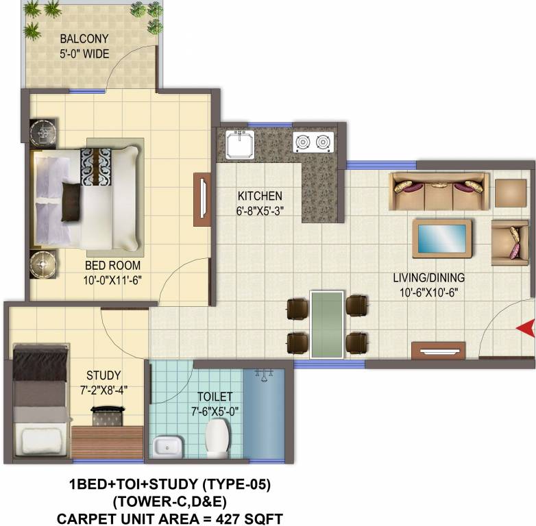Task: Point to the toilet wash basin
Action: point(166,447)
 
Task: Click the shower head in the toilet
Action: point(263,375)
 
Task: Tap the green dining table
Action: point(327,324)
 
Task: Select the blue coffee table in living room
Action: point(441,238)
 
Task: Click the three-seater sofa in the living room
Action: point(439,192)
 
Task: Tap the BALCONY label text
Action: point(84,39)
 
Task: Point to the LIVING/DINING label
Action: point(428,278)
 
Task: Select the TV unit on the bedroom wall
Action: point(202,199)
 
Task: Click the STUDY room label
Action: point(103,375)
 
